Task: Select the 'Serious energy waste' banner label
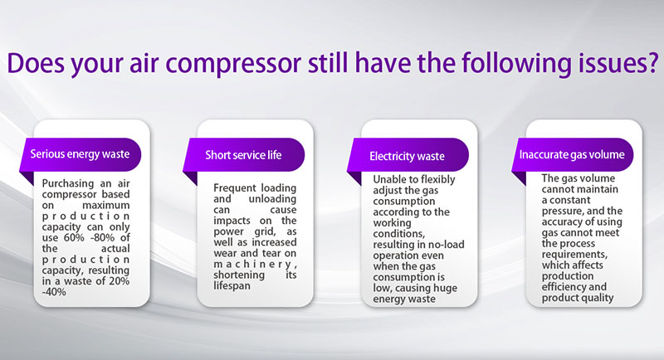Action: [x=80, y=154]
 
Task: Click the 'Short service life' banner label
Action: [x=243, y=155]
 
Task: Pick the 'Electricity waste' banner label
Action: [x=407, y=156]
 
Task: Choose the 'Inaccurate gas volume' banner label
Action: [x=572, y=154]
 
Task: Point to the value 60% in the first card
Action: [x=74, y=238]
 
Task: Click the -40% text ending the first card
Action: [x=54, y=292]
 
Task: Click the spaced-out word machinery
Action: [x=255, y=265]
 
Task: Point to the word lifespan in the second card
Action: [x=232, y=286]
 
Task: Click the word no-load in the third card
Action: [x=446, y=245]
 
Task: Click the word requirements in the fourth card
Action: [x=574, y=255]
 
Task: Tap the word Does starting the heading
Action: [x=36, y=63]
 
